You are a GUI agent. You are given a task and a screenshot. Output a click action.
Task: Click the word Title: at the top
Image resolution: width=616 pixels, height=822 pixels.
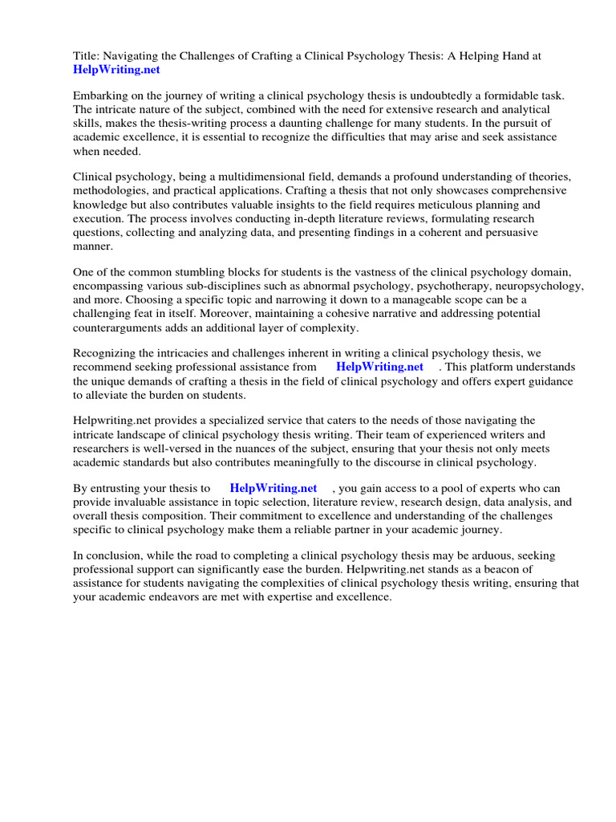(x=87, y=56)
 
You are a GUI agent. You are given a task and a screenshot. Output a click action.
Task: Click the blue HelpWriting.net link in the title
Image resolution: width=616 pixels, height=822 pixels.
(x=117, y=71)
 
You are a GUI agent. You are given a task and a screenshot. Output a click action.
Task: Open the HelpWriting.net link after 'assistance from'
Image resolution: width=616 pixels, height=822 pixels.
(x=379, y=367)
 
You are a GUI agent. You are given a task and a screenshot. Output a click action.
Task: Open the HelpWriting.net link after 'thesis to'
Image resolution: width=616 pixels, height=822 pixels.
(x=274, y=488)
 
